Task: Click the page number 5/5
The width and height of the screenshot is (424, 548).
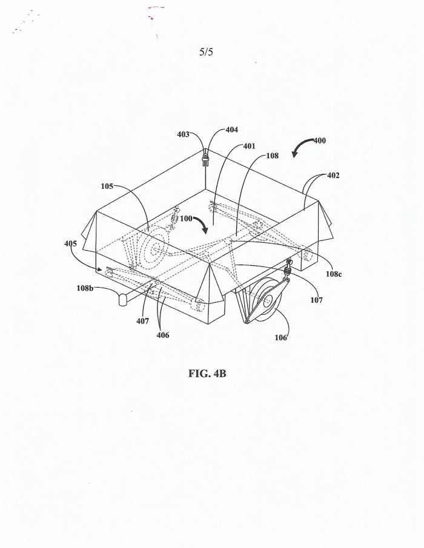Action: point(206,52)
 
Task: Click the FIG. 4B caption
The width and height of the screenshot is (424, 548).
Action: point(207,373)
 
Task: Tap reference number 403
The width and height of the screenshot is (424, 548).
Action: point(183,134)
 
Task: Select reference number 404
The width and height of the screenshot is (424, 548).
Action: point(232,130)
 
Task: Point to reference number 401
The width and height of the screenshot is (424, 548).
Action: point(249,146)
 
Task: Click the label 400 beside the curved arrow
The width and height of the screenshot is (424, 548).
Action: point(319,140)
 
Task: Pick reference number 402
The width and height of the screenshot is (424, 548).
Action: point(333,175)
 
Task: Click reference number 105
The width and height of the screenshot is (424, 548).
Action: point(107,187)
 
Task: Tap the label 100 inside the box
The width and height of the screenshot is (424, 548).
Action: point(186,219)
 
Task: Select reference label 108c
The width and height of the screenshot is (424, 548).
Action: point(334,274)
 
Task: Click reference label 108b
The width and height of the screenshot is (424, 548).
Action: point(85,288)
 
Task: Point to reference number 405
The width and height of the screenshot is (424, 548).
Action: point(71,243)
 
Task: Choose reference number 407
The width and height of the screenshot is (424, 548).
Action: point(142,321)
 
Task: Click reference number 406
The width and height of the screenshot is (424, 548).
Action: point(163,335)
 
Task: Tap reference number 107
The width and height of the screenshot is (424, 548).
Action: point(316,300)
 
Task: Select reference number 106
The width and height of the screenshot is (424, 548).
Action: point(280,337)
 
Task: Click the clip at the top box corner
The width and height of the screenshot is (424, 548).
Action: point(205,159)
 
